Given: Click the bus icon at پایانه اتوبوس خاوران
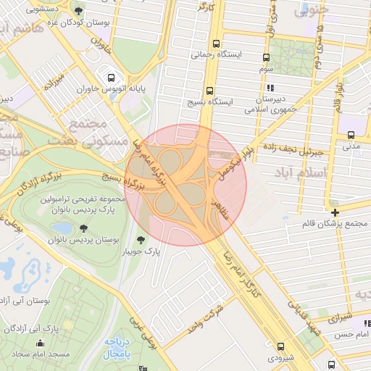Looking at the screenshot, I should pos(111,78).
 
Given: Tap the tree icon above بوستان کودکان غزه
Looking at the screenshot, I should pos(78,11).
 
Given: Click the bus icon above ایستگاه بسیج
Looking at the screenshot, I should pos(209,91).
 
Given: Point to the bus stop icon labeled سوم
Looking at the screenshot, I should pos(266,58).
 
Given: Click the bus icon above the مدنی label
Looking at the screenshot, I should pos(351,135).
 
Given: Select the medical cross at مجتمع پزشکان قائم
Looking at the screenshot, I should pos(335,212).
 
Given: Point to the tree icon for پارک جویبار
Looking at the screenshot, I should pos(141,240).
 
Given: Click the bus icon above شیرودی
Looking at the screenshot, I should pos(280,346).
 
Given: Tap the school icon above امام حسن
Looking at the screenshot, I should pos(367,323).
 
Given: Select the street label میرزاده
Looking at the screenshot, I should pos(55,81).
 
